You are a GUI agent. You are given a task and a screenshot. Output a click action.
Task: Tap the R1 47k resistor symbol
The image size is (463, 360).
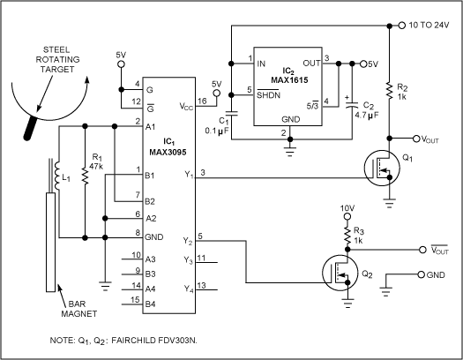point(86,175)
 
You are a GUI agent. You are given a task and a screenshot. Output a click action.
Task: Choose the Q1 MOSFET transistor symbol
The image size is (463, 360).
point(380,169)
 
